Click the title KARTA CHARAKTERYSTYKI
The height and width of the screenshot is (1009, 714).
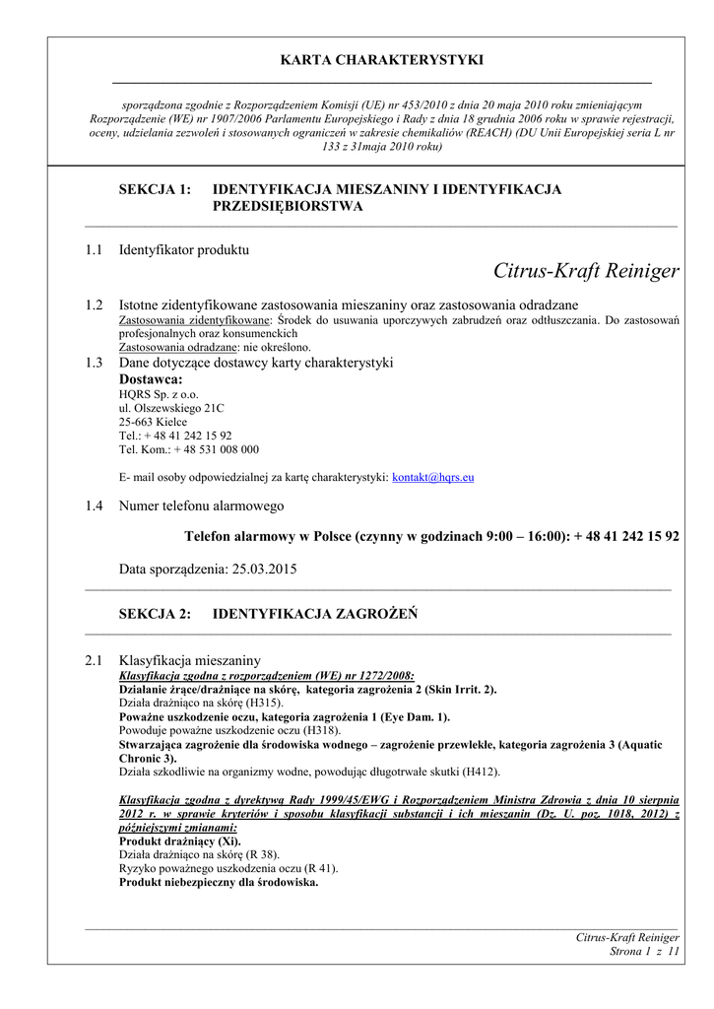click(382, 60)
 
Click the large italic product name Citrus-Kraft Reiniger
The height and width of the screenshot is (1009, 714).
click(586, 271)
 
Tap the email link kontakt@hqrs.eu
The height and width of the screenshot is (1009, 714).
click(433, 477)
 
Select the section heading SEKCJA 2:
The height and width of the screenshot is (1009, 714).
click(155, 614)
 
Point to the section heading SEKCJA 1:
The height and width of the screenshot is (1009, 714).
click(155, 189)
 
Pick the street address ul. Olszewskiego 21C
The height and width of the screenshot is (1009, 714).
click(171, 408)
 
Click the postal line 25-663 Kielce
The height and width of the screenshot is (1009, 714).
click(153, 422)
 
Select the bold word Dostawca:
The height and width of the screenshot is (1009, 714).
click(151, 379)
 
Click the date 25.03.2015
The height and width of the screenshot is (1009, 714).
click(265, 569)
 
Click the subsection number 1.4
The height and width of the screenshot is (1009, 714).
click(94, 505)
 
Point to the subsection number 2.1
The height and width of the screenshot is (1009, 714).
click(94, 659)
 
